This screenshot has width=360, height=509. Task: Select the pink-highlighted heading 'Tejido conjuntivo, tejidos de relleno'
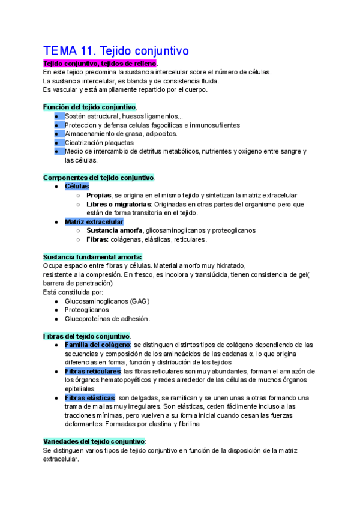click(100, 64)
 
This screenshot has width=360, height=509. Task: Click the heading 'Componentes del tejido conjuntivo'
click(98, 178)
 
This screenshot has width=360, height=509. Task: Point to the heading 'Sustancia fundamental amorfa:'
click(92, 256)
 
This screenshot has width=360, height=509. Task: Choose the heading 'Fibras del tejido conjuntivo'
click(86, 336)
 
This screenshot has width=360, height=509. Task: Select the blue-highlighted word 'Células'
click(77, 187)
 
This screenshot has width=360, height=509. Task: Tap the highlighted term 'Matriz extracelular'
click(94, 222)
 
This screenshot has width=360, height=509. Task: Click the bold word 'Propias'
click(98, 196)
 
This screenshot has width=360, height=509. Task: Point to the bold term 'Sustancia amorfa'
click(114, 230)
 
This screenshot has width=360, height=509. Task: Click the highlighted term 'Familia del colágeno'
click(97, 345)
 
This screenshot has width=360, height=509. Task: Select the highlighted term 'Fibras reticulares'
click(92, 372)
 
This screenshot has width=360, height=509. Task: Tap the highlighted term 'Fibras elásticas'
click(90, 398)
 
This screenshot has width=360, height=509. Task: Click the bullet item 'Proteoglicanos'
click(87, 310)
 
